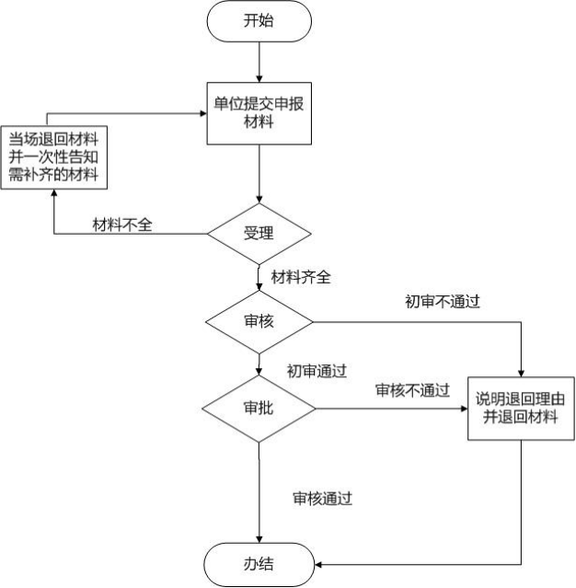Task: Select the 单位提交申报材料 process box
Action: point(259,112)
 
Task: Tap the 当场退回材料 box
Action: point(54,157)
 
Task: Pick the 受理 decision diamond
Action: point(259,234)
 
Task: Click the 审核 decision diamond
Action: point(259,323)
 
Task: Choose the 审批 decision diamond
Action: point(259,408)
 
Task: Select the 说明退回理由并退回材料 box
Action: point(522,408)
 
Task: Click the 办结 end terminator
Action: point(259,561)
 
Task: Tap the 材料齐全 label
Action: point(301,275)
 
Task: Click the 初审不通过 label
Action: point(444,301)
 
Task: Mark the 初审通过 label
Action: point(316,371)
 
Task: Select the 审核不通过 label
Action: point(412,390)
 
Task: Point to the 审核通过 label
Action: point(323,498)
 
